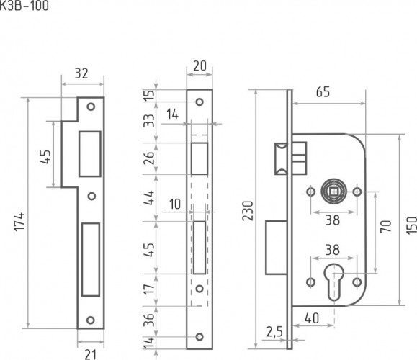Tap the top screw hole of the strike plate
[91, 107]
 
